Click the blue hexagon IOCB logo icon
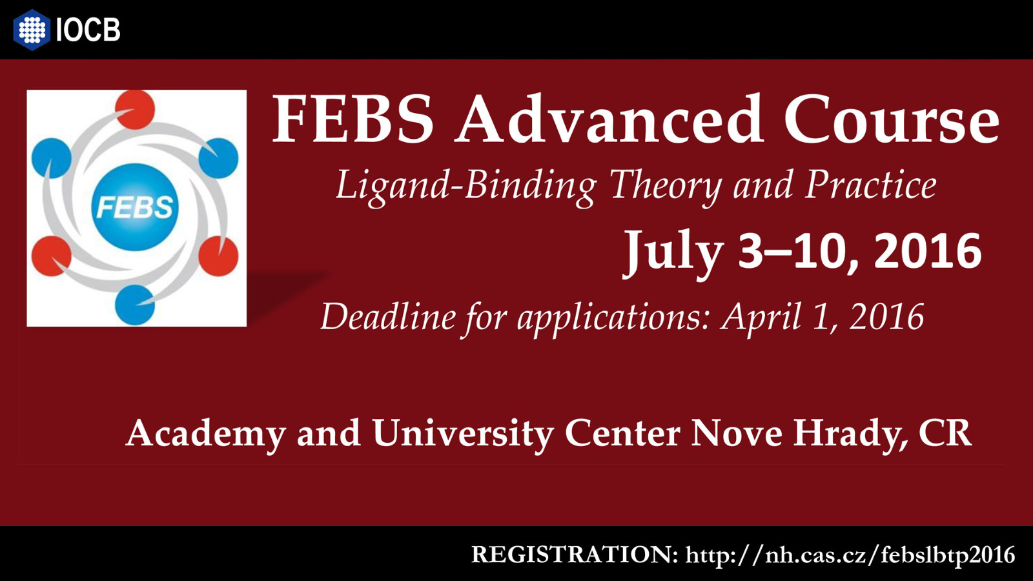(32, 30)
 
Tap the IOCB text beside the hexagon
(88, 30)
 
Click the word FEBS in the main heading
(353, 119)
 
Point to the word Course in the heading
(892, 119)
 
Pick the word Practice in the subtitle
(871, 185)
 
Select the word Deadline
(388, 316)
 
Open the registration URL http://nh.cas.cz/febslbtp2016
(850, 555)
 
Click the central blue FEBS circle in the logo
(135, 207)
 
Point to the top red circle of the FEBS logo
(135, 110)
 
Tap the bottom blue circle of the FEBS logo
(135, 305)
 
